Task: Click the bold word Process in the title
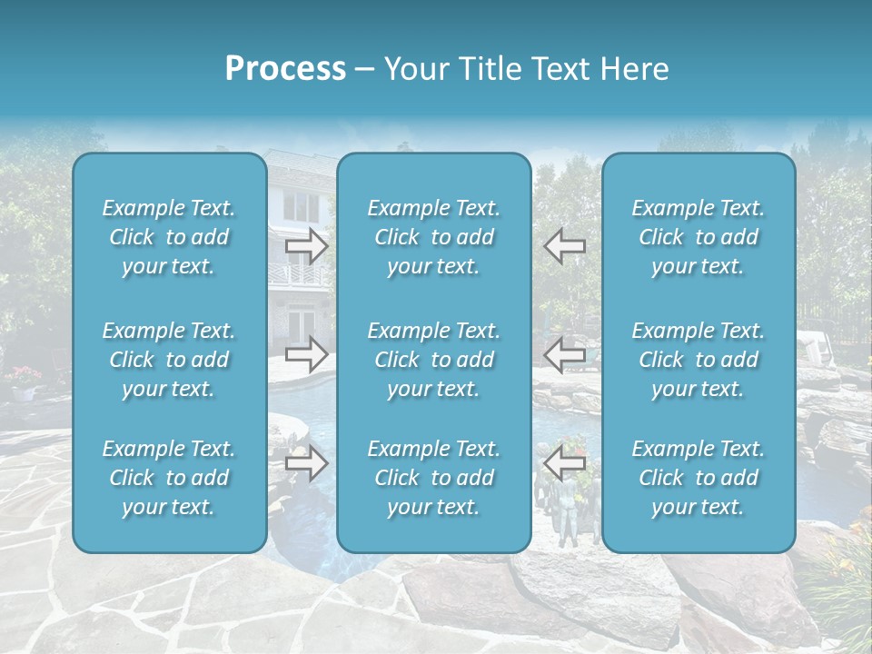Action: point(285,69)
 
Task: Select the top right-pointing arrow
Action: point(307,245)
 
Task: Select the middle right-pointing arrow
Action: point(307,354)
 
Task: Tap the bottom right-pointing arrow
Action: point(307,463)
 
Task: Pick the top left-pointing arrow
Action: point(565,245)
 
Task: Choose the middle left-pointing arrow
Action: point(565,354)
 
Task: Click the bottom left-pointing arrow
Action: point(565,463)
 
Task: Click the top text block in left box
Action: point(169,237)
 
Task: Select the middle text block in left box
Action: point(169,360)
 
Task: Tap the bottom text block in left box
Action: point(169,478)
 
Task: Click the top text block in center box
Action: point(434,237)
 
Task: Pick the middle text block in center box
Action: point(434,360)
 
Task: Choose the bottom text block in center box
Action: point(434,478)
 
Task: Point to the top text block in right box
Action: point(699,237)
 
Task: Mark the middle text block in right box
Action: point(699,360)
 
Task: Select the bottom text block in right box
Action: point(699,478)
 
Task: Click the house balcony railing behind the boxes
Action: point(300,275)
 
